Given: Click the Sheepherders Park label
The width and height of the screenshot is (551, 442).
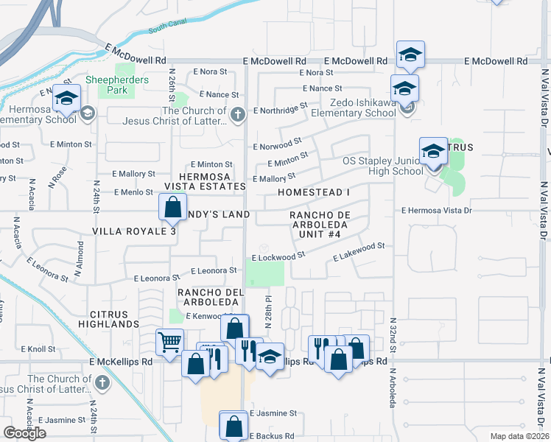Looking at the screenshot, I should pos(117,85).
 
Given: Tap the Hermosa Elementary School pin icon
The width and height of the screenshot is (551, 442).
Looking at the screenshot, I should pos(66,99).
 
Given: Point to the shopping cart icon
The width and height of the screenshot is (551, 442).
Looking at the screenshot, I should pos(169,343).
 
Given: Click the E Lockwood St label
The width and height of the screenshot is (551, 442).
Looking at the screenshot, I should pos(278,256).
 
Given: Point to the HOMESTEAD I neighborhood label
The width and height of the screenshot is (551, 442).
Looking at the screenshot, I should pos(313,192).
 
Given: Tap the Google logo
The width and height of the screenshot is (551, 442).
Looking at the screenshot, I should pos(24,433).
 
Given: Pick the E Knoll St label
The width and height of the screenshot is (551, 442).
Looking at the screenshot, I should pos(38,348).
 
